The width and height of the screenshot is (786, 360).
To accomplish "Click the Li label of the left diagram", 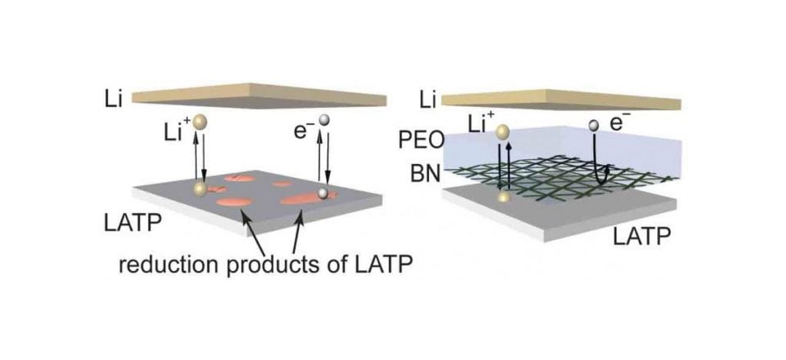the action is click(113, 99).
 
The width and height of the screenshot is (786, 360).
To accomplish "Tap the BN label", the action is click(425, 174).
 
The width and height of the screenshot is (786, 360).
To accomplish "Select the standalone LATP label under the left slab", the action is click(133, 223).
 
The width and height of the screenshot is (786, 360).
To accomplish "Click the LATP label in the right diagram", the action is click(642, 236).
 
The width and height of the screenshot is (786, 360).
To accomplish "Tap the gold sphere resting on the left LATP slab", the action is click(200, 189).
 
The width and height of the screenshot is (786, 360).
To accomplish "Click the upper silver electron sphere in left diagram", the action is click(325, 119).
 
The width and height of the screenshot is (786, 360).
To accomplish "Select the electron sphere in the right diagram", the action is click(595, 124).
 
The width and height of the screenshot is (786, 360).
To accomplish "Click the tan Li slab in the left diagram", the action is click(259, 95).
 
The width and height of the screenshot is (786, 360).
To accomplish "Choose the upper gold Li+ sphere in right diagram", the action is click(503, 132).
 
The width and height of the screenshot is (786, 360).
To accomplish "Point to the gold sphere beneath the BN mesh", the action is click(504, 197).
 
